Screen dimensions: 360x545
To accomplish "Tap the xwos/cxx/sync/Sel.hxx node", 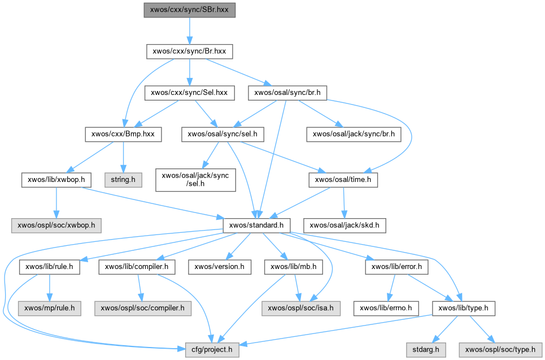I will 189,93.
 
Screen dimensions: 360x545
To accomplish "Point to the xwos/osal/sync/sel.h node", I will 223,135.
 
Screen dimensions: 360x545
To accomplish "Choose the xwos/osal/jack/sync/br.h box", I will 354,135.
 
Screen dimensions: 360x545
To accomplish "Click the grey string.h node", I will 123,180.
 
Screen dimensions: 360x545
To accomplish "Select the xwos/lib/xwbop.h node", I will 56,180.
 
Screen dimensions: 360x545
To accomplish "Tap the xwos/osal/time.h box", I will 343,180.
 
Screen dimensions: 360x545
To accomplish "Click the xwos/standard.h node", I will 256,225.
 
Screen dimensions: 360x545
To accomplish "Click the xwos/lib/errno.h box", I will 386,309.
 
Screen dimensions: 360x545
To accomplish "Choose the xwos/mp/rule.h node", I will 50,309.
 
